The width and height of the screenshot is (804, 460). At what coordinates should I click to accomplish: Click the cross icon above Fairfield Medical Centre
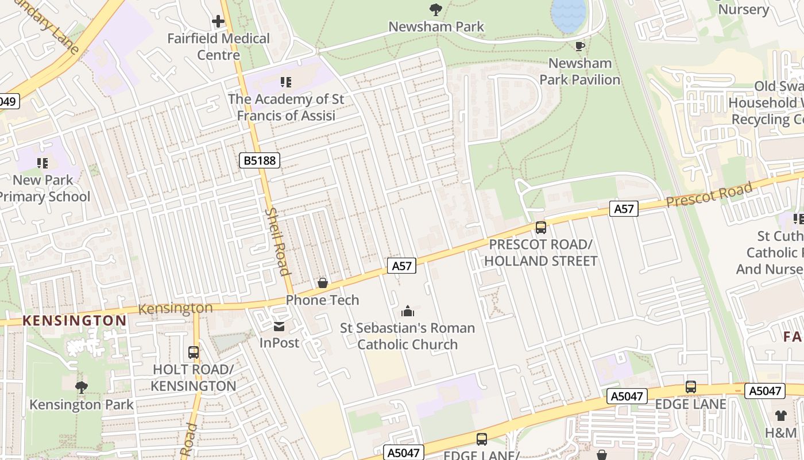click(x=218, y=22)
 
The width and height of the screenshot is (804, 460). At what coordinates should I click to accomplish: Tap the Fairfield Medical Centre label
click(x=218, y=47)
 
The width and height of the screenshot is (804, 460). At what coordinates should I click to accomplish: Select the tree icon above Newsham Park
click(x=436, y=9)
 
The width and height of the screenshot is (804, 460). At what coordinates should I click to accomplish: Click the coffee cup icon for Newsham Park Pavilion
click(x=579, y=46)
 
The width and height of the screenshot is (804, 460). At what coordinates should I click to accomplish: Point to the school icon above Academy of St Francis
click(x=285, y=83)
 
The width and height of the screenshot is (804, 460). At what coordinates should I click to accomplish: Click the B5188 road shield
click(x=260, y=160)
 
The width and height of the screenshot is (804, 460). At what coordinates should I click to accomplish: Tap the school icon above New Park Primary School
click(x=42, y=163)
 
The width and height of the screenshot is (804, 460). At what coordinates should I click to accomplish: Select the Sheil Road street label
click(x=277, y=241)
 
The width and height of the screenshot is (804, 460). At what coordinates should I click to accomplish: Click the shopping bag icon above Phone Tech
click(x=323, y=283)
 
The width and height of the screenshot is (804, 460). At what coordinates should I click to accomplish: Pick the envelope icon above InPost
click(x=279, y=327)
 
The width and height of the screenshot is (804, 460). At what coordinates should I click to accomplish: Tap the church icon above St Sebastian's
click(x=408, y=312)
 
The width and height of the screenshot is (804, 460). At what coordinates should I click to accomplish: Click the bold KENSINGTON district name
click(x=75, y=321)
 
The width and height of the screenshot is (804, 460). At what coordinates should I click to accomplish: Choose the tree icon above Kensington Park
click(x=82, y=388)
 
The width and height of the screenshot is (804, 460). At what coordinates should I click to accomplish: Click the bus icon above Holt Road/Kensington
click(x=194, y=352)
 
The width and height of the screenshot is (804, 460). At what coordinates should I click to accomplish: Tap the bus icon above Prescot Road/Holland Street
click(x=540, y=228)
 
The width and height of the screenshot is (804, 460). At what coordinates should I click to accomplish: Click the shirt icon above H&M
click(x=781, y=416)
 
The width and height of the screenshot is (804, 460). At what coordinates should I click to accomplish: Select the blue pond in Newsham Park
click(x=569, y=14)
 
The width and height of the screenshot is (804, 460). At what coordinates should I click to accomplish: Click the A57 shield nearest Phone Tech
click(x=401, y=266)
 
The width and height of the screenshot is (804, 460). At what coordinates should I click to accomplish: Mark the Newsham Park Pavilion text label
click(x=580, y=71)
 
